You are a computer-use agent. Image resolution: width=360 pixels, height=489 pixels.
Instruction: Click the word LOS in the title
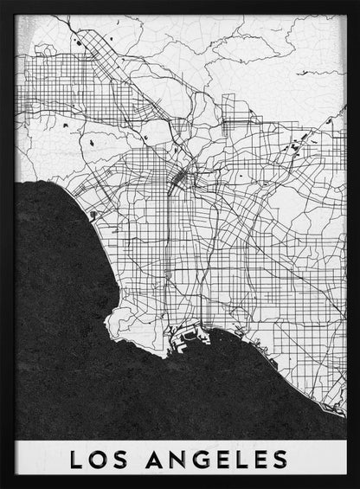[97, 459]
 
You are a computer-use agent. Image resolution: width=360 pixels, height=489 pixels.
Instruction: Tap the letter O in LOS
[97, 459]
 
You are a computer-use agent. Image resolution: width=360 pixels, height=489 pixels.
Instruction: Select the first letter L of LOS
[76, 459]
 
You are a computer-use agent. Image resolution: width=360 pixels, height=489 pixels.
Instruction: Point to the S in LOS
[119, 459]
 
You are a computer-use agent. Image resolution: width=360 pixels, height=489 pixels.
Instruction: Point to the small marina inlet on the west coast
[93, 214]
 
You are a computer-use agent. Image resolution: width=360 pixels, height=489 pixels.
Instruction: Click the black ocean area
[61, 329]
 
